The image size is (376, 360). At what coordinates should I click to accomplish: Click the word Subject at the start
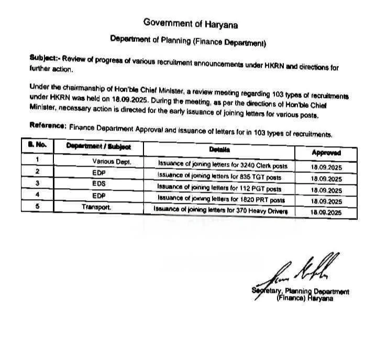(x=42, y=59)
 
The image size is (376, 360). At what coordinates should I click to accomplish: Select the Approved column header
(x=326, y=152)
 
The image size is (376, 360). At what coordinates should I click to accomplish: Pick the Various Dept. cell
(x=110, y=162)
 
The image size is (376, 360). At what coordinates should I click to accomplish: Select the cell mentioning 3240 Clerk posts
(x=223, y=165)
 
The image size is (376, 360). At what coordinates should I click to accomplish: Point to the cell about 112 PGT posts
(x=220, y=188)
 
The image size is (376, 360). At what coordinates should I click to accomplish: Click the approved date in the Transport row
(x=326, y=212)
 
